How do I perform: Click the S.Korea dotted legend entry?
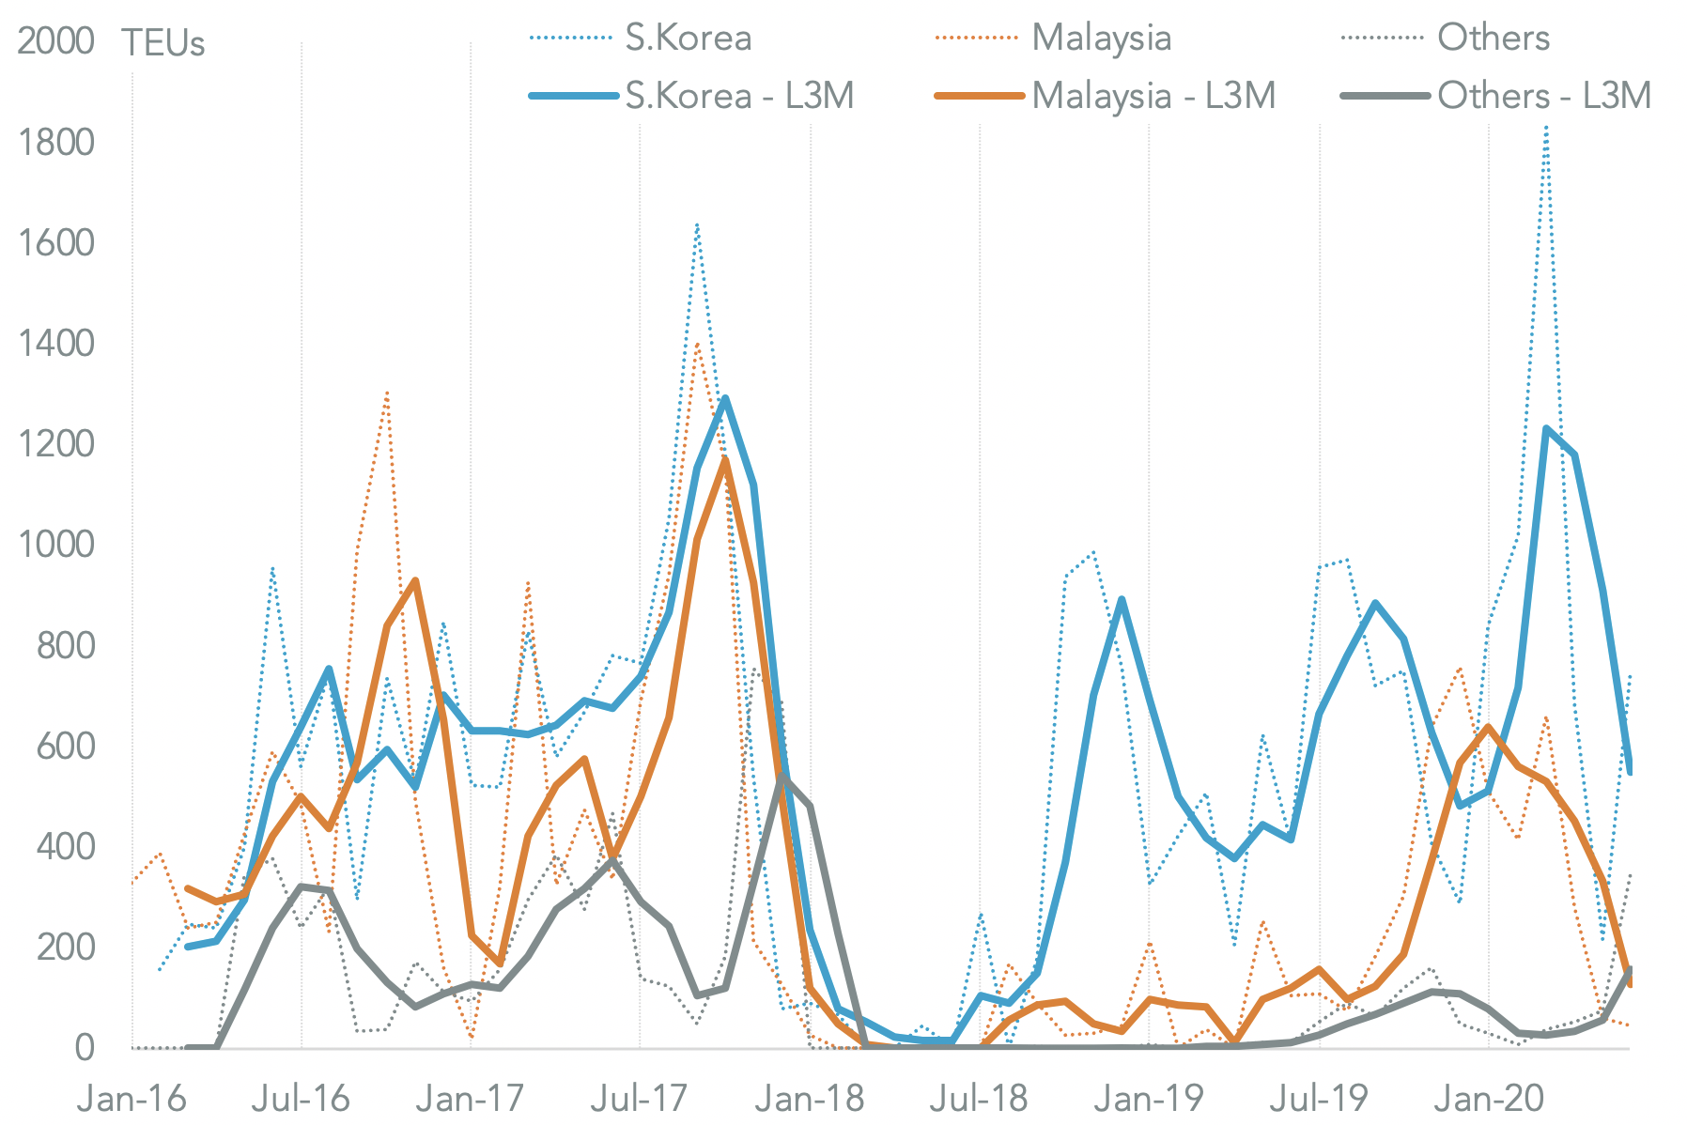point(688,38)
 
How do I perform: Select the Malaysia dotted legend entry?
point(1101,38)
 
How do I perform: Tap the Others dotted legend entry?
point(1493,38)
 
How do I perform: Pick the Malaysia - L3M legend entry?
point(1153,96)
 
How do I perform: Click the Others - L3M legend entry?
point(1543,96)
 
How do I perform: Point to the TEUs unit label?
point(163,43)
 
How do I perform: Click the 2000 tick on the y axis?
point(55,41)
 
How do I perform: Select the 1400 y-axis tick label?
point(55,344)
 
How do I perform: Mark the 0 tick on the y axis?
point(85,1048)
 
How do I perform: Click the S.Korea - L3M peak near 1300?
point(725,399)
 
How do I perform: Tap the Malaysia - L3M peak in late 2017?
point(725,459)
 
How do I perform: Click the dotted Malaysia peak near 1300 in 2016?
point(386,393)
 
